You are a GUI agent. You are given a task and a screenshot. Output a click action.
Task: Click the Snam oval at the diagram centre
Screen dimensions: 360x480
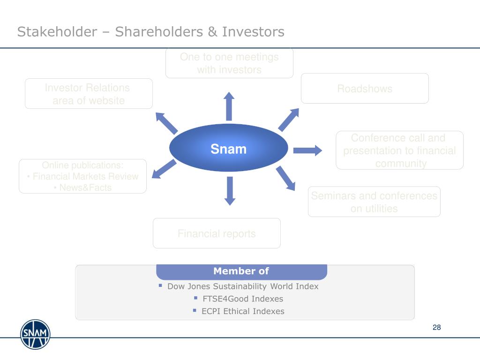click(x=228, y=150)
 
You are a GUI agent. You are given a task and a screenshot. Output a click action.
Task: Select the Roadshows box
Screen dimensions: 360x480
click(x=365, y=89)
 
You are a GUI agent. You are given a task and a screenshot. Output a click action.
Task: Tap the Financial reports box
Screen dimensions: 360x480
click(x=217, y=233)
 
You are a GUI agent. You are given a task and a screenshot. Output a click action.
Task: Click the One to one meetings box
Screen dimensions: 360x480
click(x=229, y=63)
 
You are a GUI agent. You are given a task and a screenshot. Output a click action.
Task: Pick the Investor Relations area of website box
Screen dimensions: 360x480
click(x=89, y=94)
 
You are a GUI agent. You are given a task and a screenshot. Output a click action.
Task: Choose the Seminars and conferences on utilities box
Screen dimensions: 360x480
click(x=374, y=202)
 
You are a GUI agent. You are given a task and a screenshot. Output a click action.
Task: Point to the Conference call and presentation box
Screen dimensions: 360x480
click(x=399, y=150)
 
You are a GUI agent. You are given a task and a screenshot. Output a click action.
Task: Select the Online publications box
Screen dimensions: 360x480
click(x=83, y=176)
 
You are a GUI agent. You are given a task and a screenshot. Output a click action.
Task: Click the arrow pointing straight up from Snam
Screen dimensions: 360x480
click(x=229, y=105)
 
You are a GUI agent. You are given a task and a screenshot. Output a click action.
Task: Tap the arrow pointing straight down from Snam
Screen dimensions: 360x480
click(x=229, y=191)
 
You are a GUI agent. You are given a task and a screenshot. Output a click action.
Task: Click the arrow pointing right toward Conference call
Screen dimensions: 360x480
click(x=307, y=150)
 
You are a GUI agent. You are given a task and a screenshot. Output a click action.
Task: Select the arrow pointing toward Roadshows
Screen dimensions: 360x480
click(x=289, y=119)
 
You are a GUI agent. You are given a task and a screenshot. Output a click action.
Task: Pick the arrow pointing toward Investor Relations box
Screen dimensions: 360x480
click(x=166, y=123)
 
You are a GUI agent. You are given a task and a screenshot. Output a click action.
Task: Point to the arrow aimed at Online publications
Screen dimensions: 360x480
click(x=165, y=169)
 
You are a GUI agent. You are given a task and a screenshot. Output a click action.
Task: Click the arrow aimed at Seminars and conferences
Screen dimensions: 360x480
click(x=285, y=178)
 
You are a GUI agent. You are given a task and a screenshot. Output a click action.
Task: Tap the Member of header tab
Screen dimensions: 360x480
click(x=241, y=271)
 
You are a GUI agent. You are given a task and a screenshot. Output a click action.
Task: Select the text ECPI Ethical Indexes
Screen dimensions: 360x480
click(x=243, y=311)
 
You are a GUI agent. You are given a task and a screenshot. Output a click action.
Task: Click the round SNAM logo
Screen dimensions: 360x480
click(x=35, y=334)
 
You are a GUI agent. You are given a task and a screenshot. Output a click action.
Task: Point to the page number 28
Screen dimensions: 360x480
click(x=437, y=327)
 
